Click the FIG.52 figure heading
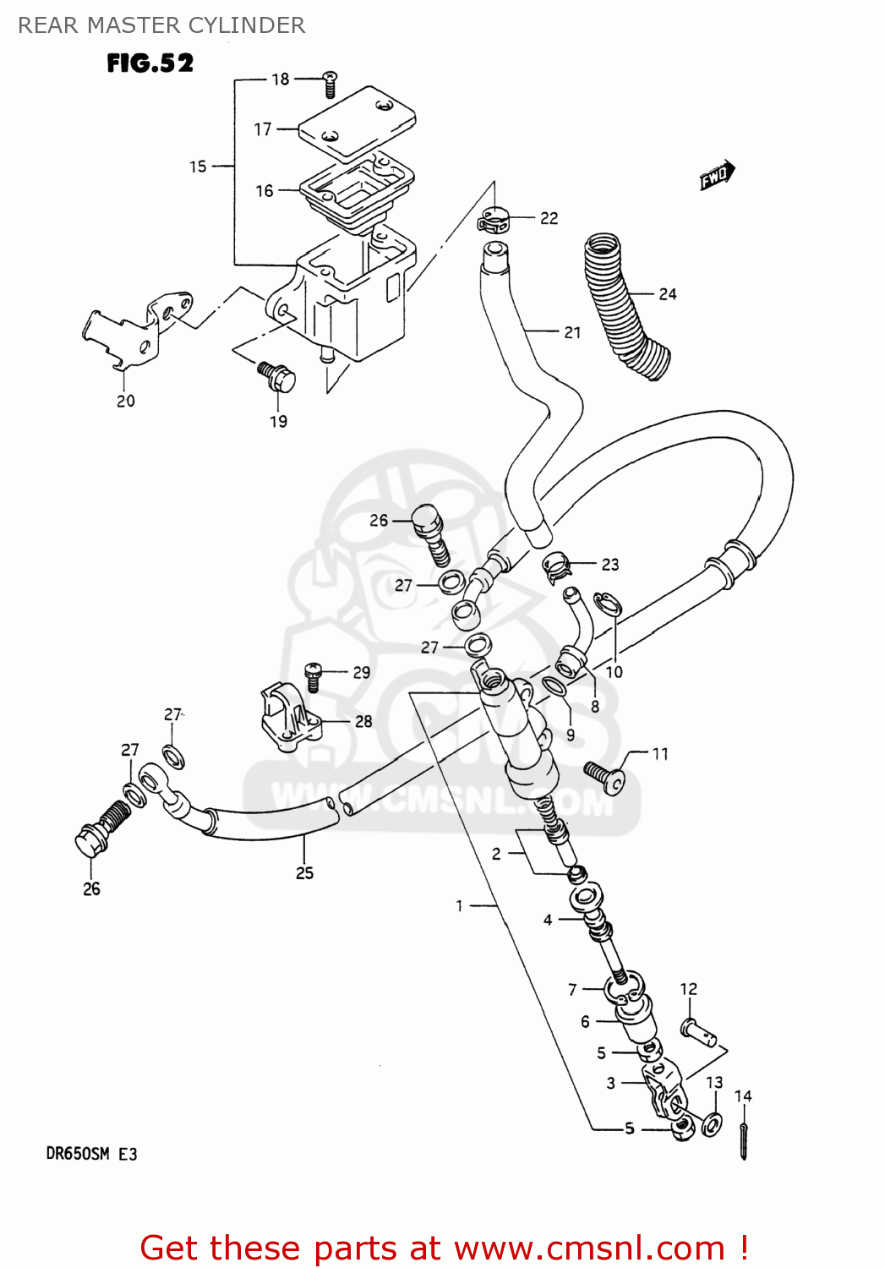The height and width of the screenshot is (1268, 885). [x=150, y=63]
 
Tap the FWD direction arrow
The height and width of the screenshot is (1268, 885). [x=717, y=176]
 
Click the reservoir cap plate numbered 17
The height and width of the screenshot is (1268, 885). [x=357, y=122]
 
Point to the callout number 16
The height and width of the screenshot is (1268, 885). [x=265, y=191]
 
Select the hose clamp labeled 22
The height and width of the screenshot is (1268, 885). [x=493, y=221]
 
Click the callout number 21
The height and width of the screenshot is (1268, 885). [x=572, y=333]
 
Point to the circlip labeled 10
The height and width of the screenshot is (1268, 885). [x=608, y=605]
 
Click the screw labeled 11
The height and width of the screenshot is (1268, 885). [x=604, y=776]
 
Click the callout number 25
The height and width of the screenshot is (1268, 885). [x=304, y=873]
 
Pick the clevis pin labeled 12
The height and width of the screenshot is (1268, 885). [x=699, y=1031]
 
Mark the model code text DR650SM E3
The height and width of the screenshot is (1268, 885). [x=91, y=1154]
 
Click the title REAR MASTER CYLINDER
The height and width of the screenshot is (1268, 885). [x=161, y=25]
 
